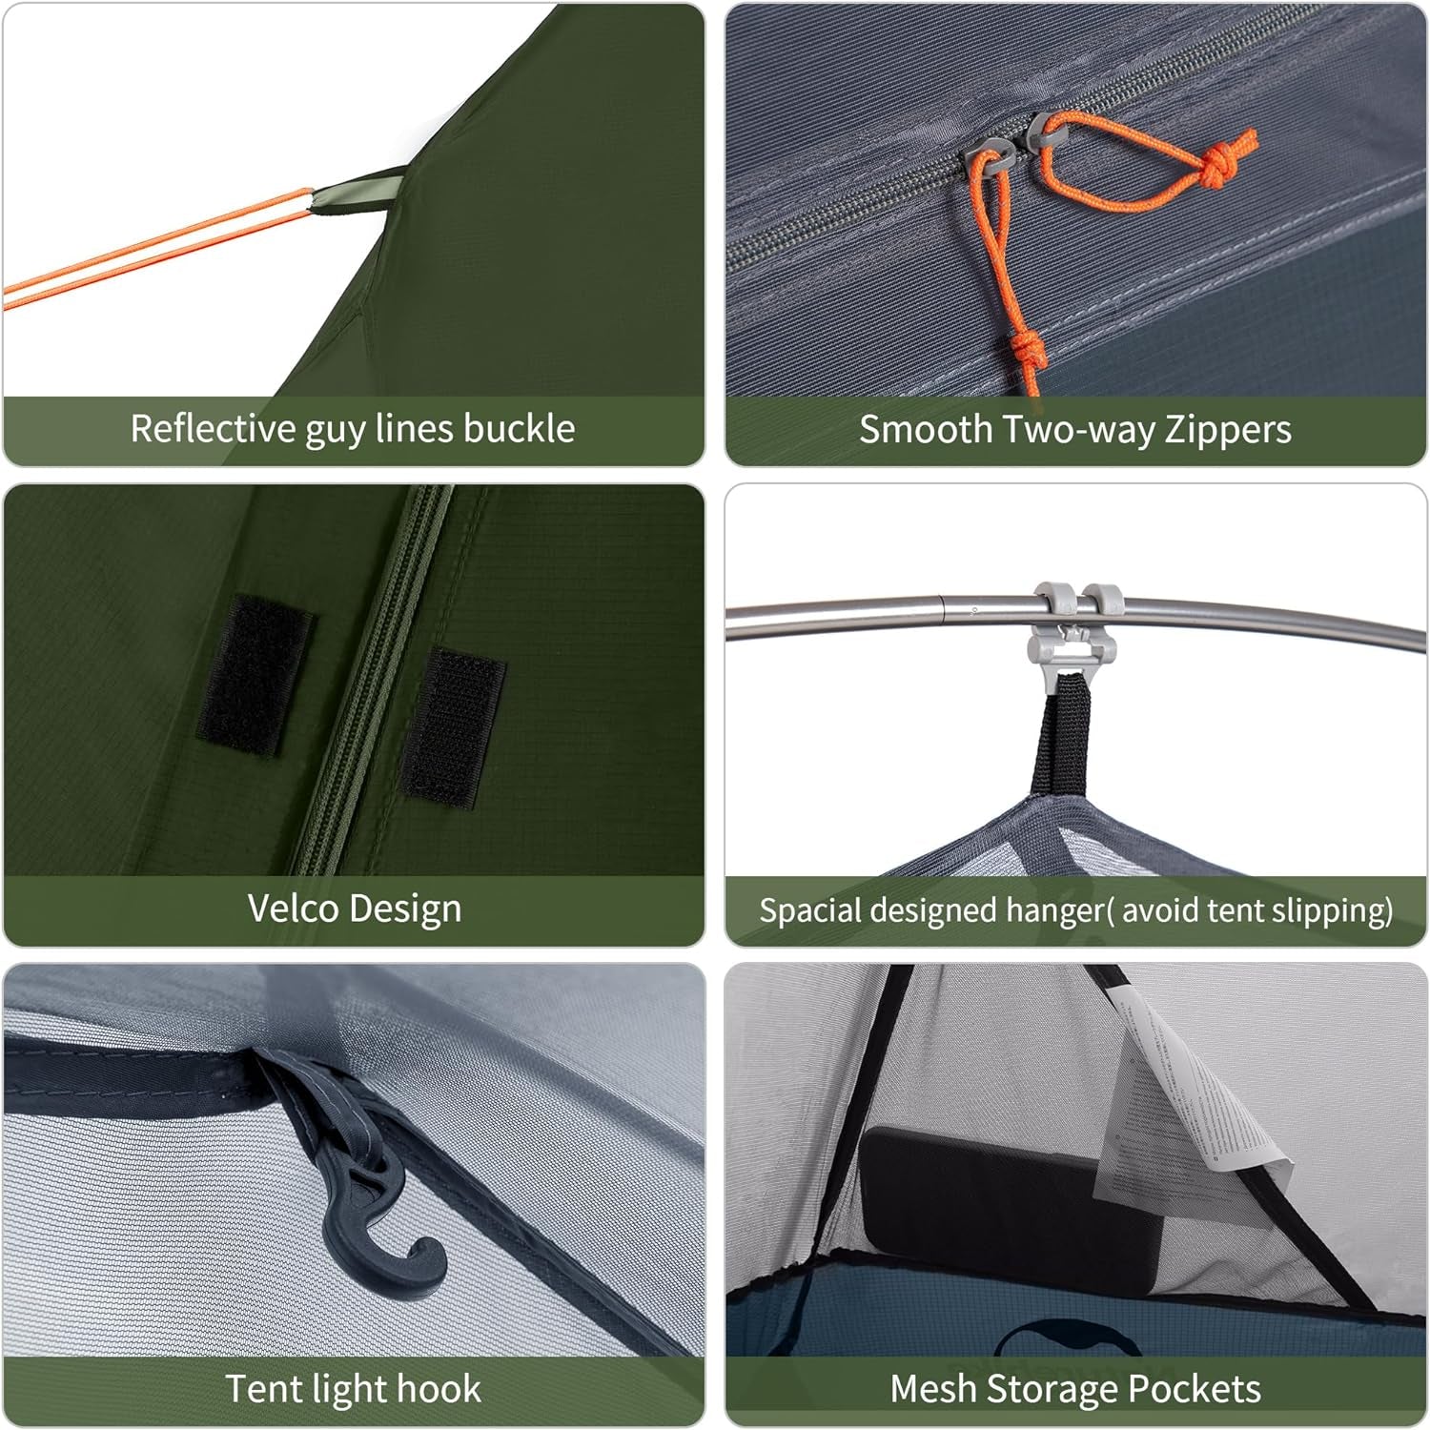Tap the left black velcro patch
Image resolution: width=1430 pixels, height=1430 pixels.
pos(255,674)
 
